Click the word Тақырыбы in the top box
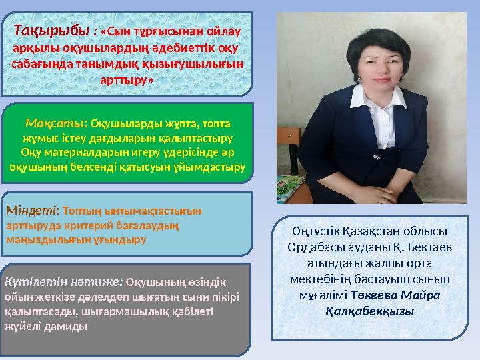coord(51,31)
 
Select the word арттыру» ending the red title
coord(127,80)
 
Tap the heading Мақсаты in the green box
coord(56,123)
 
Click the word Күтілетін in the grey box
coord(36,281)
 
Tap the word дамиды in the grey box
coord(65,326)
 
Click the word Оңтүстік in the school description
coord(316,231)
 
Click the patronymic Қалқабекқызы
coord(370,311)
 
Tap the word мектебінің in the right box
coord(320,279)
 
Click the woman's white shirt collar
coord(379,97)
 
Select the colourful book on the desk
coord(290,187)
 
